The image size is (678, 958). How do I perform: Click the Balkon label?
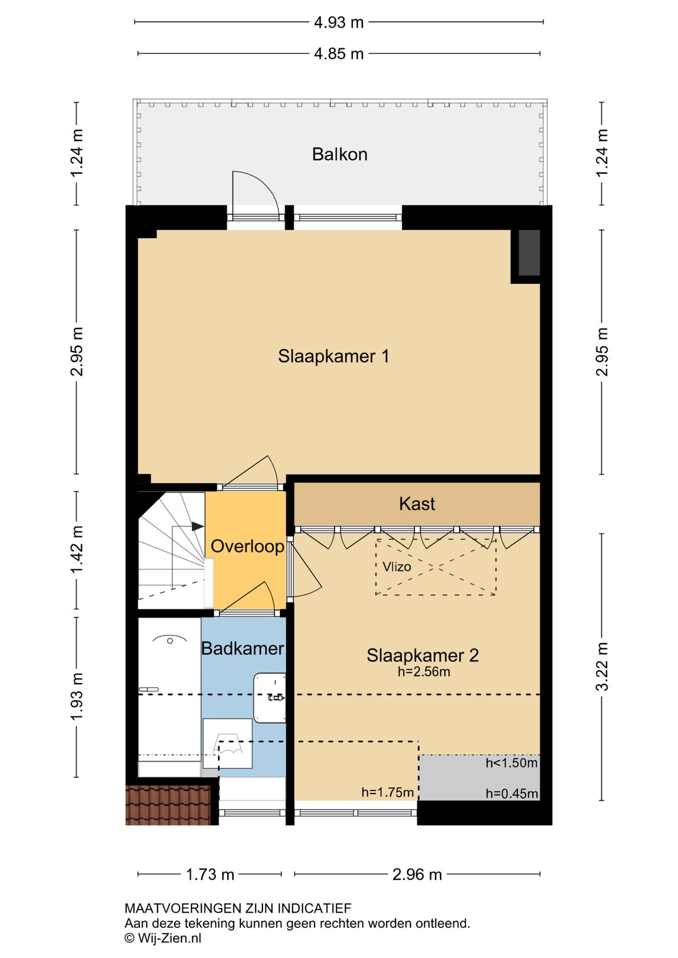[x=339, y=154]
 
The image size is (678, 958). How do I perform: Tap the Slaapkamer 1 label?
[x=333, y=356]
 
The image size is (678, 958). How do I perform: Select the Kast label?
[x=417, y=504]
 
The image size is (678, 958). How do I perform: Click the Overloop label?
[x=247, y=546]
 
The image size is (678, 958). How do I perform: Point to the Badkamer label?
[x=242, y=649]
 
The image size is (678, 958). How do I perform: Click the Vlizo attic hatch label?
[x=397, y=567]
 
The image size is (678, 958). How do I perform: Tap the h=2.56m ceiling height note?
[x=424, y=672]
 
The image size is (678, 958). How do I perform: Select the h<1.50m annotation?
[x=511, y=763]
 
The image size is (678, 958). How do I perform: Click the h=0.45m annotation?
[x=512, y=794]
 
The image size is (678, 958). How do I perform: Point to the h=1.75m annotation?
[x=387, y=792]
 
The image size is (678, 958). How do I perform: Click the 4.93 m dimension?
[x=339, y=22]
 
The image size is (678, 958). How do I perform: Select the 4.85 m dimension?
[x=339, y=54]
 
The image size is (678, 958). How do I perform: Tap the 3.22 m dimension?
[x=602, y=667]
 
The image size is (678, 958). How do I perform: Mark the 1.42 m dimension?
[x=77, y=549]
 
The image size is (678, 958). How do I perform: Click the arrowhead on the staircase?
[x=198, y=527]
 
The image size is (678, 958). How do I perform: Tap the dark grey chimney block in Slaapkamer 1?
[x=529, y=253]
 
